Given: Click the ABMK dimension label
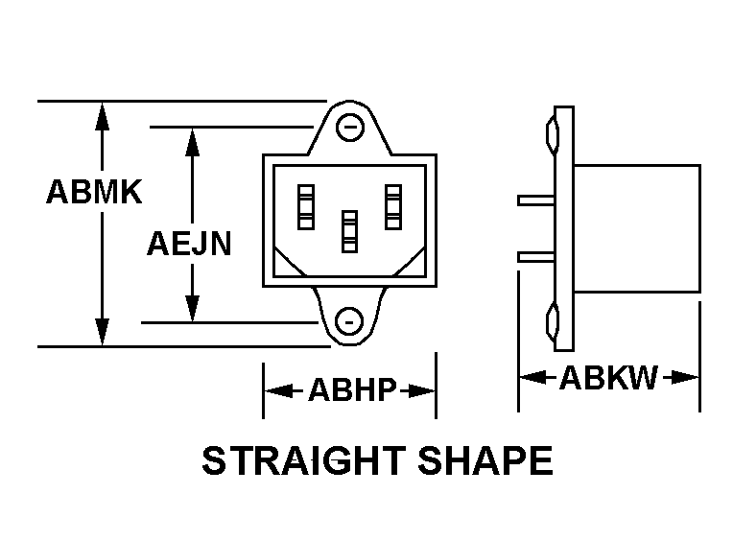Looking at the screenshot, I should [x=94, y=193].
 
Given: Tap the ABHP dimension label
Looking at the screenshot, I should [x=352, y=391].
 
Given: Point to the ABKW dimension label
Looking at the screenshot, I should [x=608, y=378].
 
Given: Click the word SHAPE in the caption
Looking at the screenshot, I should [x=485, y=461].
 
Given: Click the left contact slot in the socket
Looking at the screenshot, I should [x=305, y=206].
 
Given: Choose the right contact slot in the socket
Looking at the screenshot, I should [x=393, y=206].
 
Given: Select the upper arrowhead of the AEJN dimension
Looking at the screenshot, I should [x=193, y=139].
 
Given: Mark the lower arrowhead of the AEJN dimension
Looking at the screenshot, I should [x=193, y=308].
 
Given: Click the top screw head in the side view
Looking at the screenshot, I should [x=551, y=133].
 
